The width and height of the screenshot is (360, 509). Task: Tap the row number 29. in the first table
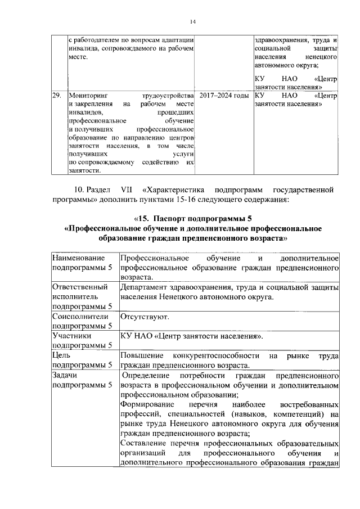(x=56, y=96)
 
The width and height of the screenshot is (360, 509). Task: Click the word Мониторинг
(x=88, y=96)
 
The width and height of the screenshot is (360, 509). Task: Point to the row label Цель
(x=61, y=355)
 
